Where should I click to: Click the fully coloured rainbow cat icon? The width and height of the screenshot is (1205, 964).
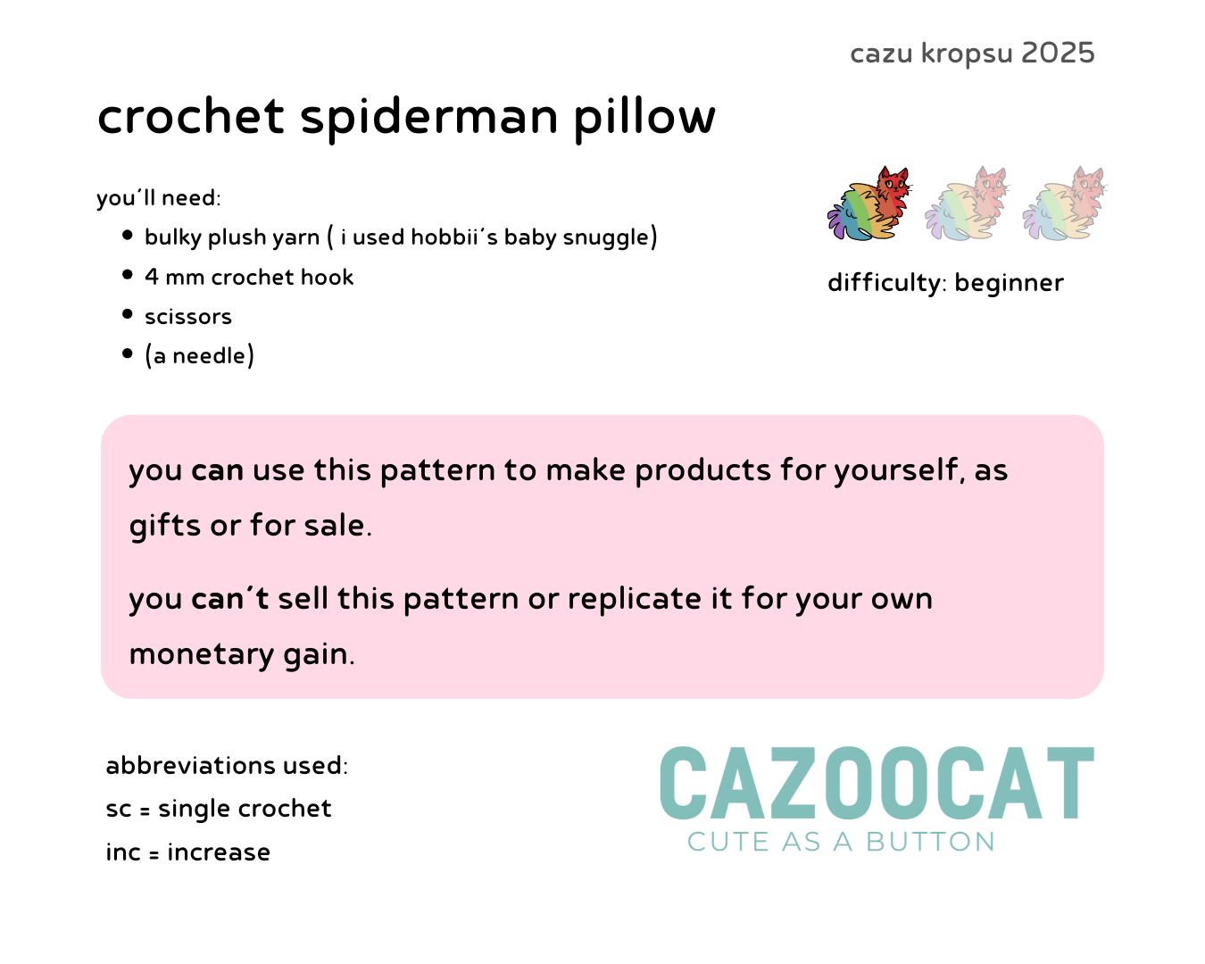869,204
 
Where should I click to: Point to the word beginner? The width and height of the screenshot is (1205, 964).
1009,284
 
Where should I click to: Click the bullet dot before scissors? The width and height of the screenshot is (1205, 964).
127,314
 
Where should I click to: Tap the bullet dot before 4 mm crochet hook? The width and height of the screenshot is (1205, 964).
127,274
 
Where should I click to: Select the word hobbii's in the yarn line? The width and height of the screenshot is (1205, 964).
454,237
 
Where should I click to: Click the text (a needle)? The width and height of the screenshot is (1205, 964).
199,355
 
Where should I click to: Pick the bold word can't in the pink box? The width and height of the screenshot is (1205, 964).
229,599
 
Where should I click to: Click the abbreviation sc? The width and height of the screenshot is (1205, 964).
119,810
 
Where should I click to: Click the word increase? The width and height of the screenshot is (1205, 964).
219,852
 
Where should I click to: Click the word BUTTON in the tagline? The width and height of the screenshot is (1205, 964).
931,842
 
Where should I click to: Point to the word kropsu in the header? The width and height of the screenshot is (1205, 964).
967,54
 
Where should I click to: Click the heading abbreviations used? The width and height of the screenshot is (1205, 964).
227,766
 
